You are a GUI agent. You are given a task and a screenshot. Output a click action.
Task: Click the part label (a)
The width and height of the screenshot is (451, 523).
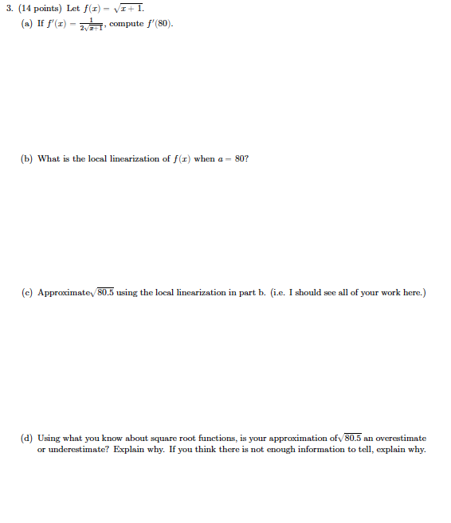(28, 22)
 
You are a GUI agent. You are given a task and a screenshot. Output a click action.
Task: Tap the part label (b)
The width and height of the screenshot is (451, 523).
(28, 158)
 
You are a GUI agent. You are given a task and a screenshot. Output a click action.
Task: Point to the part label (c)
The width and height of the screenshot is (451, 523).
(28, 292)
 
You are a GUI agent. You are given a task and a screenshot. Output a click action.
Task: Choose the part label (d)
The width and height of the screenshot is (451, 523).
(28, 438)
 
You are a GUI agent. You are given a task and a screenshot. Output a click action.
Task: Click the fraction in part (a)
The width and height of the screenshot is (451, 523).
(92, 23)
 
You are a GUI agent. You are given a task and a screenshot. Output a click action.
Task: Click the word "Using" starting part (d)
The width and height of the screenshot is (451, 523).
(49, 438)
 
